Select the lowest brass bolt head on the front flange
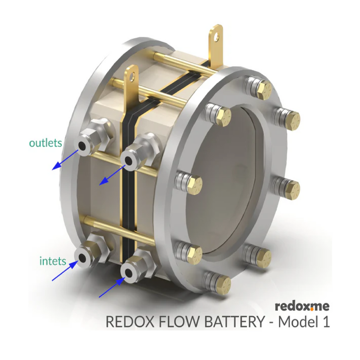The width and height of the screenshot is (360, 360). tap(223, 285)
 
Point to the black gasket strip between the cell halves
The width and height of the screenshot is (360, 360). tap(129, 189)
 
